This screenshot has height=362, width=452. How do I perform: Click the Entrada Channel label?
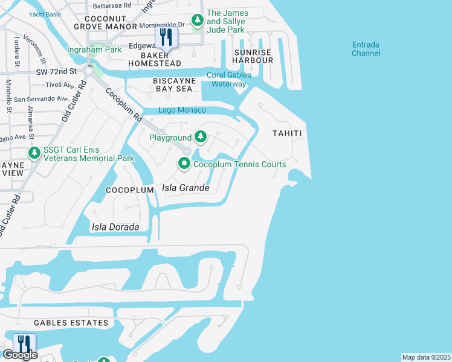366,48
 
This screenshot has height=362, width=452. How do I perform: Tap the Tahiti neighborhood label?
286,133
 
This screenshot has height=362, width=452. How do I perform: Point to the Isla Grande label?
186,188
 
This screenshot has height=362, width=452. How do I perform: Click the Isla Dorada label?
115,227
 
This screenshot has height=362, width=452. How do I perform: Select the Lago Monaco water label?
182,110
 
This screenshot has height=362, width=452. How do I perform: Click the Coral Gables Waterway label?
229,79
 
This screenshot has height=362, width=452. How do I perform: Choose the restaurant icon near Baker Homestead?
166,37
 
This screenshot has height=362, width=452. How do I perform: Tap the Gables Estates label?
71,323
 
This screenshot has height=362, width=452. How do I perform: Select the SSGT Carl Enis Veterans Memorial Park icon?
34,153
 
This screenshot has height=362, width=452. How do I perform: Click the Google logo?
19,355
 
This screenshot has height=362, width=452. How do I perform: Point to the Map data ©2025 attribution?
426,357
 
